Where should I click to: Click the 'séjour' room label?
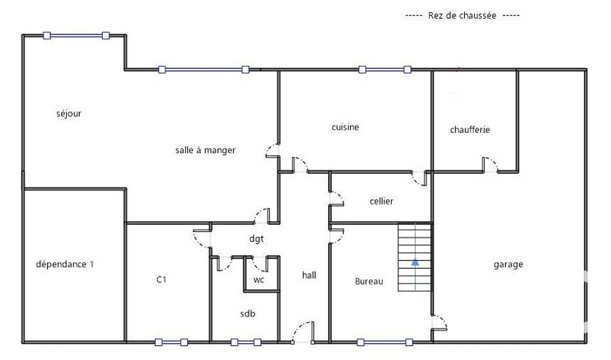(x=69, y=114)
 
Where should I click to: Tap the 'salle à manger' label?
(x=205, y=150)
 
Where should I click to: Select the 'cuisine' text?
(x=345, y=127)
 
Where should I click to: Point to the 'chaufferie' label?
(x=470, y=130)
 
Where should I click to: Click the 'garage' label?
(x=508, y=265)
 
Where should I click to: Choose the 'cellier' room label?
(x=381, y=201)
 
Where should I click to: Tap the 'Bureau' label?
(x=369, y=282)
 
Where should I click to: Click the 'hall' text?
(x=309, y=275)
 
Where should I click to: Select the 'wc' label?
(x=259, y=280)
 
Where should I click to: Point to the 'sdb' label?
(x=248, y=313)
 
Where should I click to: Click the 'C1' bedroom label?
(x=161, y=280)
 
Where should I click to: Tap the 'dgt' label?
(x=257, y=239)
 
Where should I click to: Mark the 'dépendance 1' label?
(x=65, y=264)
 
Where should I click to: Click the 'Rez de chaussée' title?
(x=462, y=15)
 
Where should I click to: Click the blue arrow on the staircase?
(x=415, y=262)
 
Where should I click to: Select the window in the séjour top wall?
(x=76, y=36)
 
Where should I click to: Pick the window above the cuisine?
(x=385, y=69)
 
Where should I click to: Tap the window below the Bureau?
(x=385, y=343)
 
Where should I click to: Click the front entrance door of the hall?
(x=303, y=332)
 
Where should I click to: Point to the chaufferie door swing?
(x=490, y=165)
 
